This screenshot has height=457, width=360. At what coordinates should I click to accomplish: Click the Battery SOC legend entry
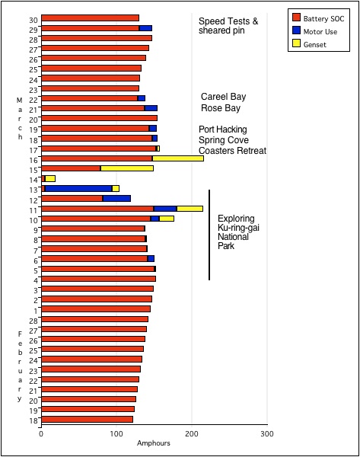[x=318, y=18]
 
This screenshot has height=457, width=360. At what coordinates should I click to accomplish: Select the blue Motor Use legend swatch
[x=296, y=30]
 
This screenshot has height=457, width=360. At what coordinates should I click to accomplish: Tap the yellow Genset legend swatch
[x=296, y=43]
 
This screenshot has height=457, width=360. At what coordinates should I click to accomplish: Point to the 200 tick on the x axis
[x=192, y=433]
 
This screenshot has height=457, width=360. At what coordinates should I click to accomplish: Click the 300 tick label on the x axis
[x=267, y=433]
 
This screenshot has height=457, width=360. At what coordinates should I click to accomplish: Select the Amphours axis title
[x=154, y=443]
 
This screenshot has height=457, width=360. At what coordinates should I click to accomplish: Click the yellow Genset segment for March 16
[x=178, y=158]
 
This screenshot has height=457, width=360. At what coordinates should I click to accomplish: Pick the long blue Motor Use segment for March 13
[x=78, y=189]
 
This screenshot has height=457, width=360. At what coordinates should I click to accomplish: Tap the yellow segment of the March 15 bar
[x=127, y=168]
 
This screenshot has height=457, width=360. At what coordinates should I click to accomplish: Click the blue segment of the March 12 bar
[x=116, y=199]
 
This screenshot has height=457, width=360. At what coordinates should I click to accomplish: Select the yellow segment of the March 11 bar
[x=190, y=209]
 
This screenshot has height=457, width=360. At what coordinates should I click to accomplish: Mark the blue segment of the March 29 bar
[x=145, y=28]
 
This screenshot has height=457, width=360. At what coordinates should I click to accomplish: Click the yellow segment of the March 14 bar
[x=50, y=179]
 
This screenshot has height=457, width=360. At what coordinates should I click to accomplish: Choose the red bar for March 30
[x=91, y=18]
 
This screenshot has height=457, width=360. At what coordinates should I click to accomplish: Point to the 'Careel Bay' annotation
[x=224, y=97]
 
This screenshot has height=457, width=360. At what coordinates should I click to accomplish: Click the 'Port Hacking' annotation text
[x=223, y=129]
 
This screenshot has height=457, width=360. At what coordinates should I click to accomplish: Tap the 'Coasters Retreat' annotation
[x=232, y=151]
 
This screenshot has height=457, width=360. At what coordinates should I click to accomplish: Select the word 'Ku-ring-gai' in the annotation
[x=238, y=228]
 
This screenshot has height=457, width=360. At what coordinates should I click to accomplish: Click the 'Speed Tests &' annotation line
[x=228, y=21]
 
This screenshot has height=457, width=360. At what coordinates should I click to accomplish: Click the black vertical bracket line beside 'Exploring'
[x=209, y=235]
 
